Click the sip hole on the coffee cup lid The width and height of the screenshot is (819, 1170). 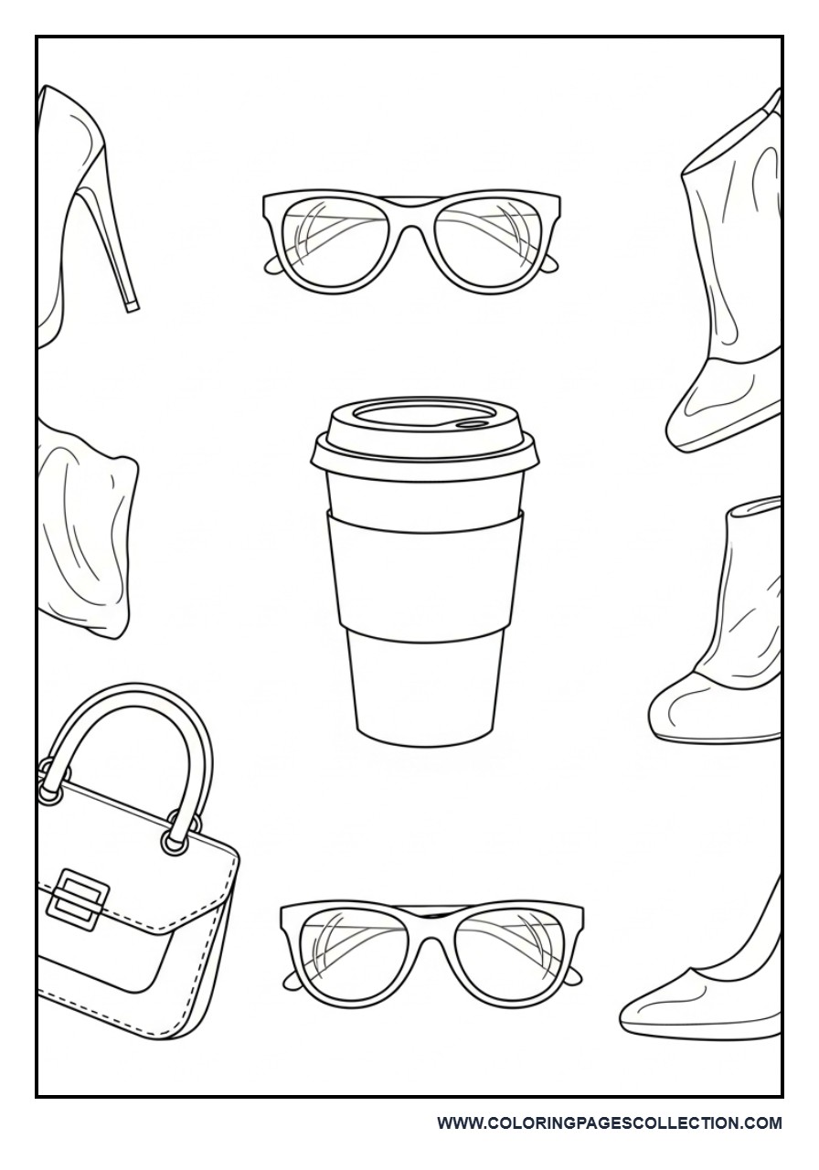coord(472,423)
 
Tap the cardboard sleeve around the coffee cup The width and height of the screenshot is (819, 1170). coord(424,571)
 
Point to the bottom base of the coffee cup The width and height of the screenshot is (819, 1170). coord(424,731)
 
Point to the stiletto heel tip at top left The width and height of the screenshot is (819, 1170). coord(133,304)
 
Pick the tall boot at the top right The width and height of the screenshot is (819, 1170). coord(731,274)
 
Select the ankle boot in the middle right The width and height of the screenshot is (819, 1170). coord(722,640)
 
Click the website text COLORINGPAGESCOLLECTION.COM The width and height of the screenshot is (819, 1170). coord(609,1123)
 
